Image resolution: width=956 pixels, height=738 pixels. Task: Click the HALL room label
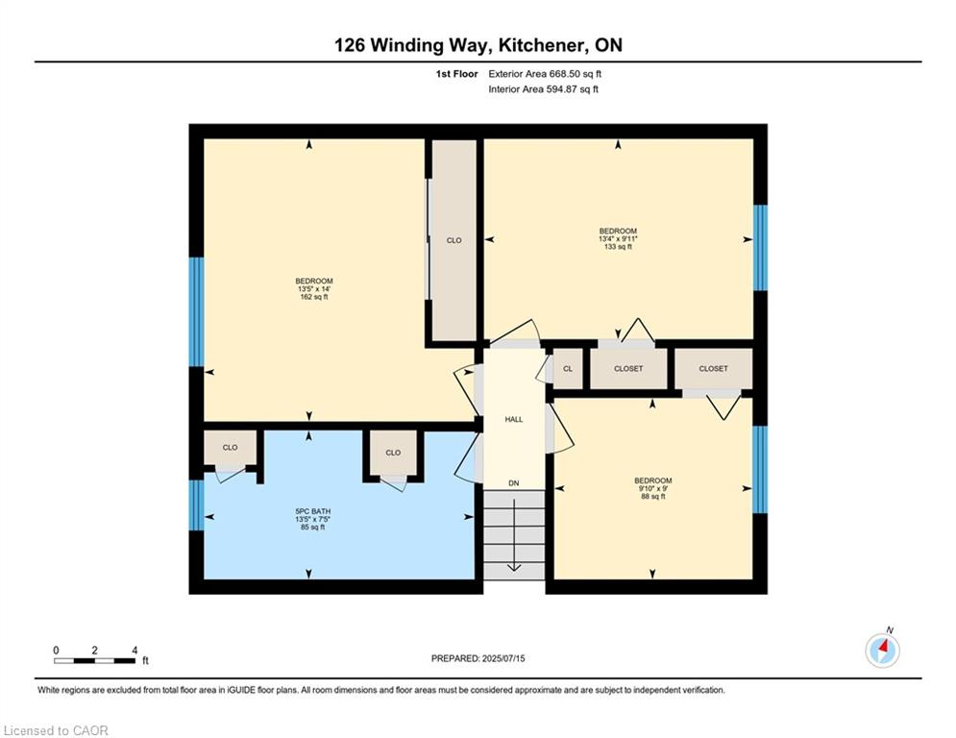(514, 420)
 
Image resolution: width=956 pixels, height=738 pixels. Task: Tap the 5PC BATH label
(313, 511)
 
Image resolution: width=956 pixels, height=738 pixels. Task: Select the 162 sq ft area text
(314, 297)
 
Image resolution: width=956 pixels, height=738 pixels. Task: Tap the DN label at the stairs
(514, 483)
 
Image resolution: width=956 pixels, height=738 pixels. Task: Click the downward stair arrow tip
(514, 570)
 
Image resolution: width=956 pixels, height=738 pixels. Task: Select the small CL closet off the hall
(568, 368)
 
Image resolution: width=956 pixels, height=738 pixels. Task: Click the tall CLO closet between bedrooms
(454, 240)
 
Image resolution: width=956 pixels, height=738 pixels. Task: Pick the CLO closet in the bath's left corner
(230, 448)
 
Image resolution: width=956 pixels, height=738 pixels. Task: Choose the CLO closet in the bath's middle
(393, 453)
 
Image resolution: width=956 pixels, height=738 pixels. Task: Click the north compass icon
(882, 651)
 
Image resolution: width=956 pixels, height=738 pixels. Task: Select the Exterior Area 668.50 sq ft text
(545, 74)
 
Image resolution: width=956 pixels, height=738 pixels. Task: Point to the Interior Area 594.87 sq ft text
(543, 89)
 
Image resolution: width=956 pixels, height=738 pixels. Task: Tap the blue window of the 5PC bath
(196, 505)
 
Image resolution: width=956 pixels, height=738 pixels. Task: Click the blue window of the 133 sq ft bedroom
(760, 248)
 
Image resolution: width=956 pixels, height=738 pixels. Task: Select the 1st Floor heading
(456, 74)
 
